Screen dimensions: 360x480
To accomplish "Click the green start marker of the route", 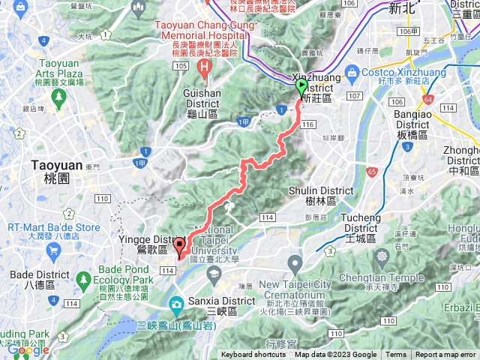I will click(x=301, y=88).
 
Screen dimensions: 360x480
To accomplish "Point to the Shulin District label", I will click(x=321, y=196).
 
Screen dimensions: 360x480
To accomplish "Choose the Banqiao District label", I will click(x=412, y=130).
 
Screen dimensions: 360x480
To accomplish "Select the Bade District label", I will click(x=29, y=279).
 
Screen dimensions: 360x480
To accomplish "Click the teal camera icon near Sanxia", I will click(x=177, y=304).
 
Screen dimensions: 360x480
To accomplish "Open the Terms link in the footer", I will click(x=396, y=355).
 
